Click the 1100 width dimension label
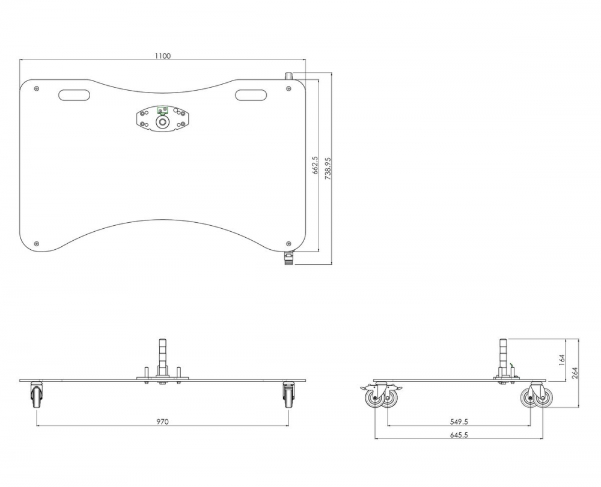click(162, 56)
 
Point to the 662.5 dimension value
click(315, 165)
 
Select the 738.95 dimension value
click(328, 169)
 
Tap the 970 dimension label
click(162, 422)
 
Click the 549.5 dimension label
click(459, 422)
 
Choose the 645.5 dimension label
click(459, 435)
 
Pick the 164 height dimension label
click(562, 360)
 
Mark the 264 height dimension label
click(575, 372)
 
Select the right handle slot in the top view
click(251, 95)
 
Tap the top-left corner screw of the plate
click(37, 88)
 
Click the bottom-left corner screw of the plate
click(37, 244)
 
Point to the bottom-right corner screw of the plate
click(288, 244)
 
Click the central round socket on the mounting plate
click(162, 123)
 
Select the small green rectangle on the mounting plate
click(162, 110)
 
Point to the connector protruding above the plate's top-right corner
click(288, 76)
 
